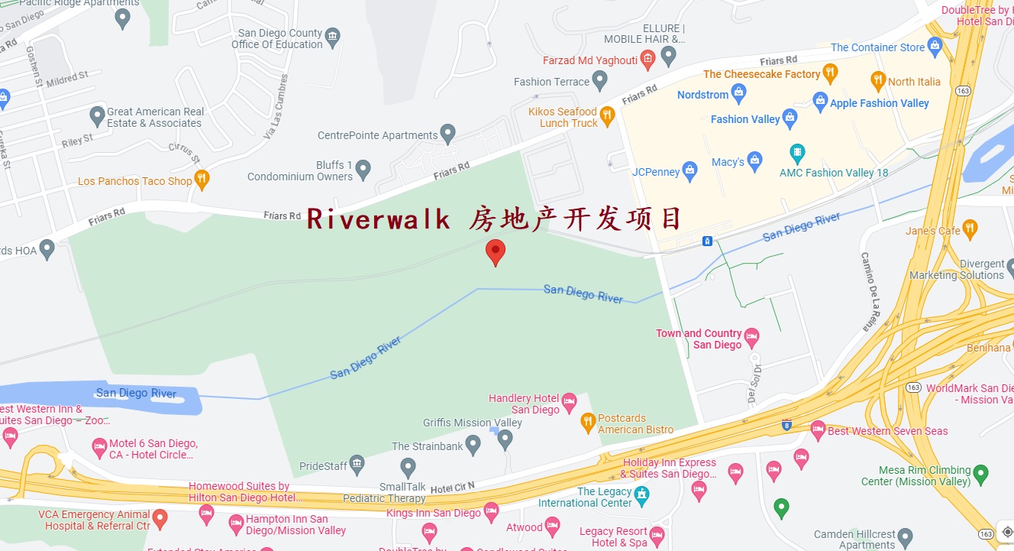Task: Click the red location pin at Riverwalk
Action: (x=496, y=251)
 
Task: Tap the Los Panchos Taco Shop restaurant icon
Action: (x=202, y=180)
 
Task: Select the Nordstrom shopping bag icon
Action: (x=738, y=94)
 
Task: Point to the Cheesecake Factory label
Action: (x=761, y=74)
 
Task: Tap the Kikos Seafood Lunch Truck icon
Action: (x=607, y=115)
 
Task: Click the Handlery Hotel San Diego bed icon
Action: (x=569, y=401)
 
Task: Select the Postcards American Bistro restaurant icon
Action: (x=588, y=421)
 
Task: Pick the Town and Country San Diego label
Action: (x=699, y=339)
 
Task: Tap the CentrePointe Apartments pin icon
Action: (x=448, y=135)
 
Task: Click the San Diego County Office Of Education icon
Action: (x=332, y=35)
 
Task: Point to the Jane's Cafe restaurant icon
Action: (x=970, y=228)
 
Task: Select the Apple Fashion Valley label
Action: (x=879, y=103)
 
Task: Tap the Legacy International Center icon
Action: (x=641, y=493)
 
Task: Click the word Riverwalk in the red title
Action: (x=379, y=219)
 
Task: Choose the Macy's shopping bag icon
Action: (x=754, y=161)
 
